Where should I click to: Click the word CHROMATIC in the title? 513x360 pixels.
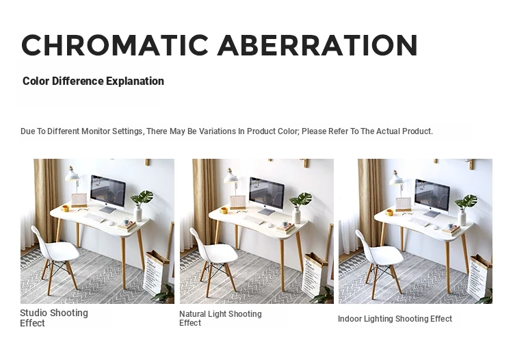click(x=115, y=45)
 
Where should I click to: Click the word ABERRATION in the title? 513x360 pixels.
click(x=317, y=45)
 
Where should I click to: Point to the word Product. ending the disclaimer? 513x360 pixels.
click(x=417, y=131)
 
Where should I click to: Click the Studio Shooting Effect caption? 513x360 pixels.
click(x=54, y=318)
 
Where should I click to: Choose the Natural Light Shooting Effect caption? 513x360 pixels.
click(x=220, y=318)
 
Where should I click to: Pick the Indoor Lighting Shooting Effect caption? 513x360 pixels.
click(x=395, y=319)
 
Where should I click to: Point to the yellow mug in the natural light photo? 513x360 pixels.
click(x=224, y=210)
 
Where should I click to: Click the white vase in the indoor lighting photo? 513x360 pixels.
click(x=462, y=217)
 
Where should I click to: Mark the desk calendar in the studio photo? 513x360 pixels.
click(x=79, y=201)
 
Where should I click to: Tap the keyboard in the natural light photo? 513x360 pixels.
click(x=254, y=220)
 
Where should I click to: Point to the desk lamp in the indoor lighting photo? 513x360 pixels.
click(x=398, y=182)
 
